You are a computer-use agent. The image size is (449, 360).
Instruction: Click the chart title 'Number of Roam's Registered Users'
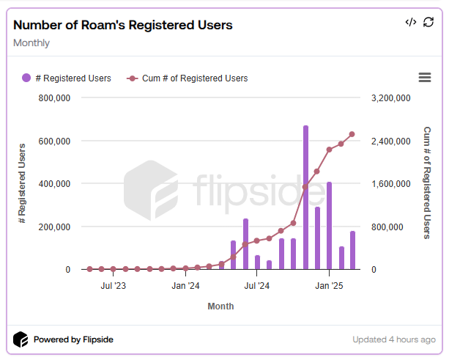click(x=123, y=25)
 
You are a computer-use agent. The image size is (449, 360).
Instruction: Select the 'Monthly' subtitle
click(x=31, y=43)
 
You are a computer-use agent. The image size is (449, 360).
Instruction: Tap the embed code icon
click(x=411, y=22)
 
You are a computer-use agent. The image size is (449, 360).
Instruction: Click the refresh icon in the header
click(x=428, y=22)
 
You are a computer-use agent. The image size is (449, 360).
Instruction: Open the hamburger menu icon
click(x=424, y=78)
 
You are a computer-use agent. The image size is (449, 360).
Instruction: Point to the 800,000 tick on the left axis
click(x=53, y=98)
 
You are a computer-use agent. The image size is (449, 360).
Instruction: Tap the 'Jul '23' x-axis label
click(x=113, y=285)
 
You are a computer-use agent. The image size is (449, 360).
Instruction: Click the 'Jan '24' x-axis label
click(x=185, y=285)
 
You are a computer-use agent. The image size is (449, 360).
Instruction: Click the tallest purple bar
click(x=305, y=198)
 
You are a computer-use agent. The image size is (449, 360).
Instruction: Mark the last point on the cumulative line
click(x=352, y=134)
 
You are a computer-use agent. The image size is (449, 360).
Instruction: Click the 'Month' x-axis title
click(x=220, y=306)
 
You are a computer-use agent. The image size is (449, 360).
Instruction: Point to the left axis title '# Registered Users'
click(x=23, y=183)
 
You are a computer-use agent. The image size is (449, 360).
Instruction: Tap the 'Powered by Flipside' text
click(x=73, y=339)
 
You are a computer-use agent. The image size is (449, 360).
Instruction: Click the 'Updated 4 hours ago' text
click(x=393, y=339)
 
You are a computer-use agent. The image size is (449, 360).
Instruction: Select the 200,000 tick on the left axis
click(x=53, y=227)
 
